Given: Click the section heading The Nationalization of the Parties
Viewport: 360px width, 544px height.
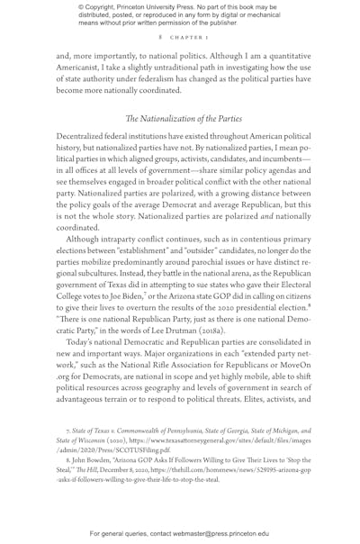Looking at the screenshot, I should (180, 119).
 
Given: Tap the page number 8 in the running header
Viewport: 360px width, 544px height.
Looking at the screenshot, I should (158, 38).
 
